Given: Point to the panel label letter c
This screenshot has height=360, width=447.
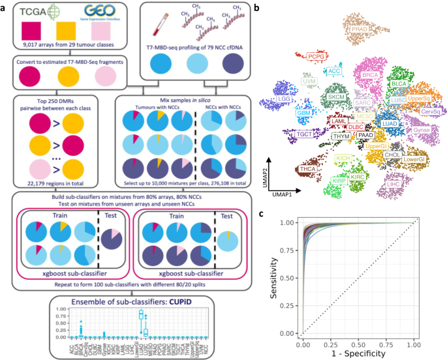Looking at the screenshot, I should tap(262, 213).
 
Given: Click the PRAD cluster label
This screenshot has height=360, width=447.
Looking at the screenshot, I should tap(360, 29).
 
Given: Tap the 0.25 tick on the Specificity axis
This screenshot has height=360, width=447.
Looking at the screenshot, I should tap(331, 342).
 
